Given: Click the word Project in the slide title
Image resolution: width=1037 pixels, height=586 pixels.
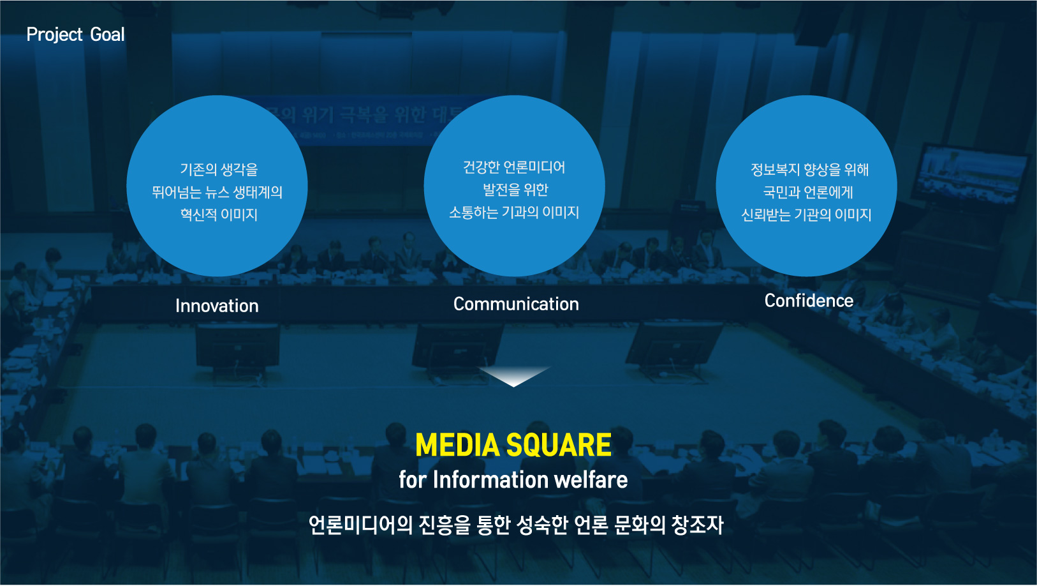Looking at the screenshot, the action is click(55, 34).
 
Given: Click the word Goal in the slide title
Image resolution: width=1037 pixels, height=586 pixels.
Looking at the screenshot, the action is click(107, 34).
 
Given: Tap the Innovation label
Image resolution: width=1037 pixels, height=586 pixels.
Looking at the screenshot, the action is click(217, 306).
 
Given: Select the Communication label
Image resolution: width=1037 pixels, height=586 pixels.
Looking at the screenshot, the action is click(516, 304).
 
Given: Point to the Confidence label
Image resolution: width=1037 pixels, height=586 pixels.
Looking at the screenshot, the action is click(809, 301).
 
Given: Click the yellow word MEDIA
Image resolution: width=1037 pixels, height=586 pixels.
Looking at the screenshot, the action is click(457, 445).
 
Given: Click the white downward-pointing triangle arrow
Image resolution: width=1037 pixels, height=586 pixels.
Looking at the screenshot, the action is click(514, 376).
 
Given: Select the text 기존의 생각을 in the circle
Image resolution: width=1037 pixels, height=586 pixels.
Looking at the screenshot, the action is click(219, 169).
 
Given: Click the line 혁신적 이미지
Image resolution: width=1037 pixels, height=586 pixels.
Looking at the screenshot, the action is click(219, 214).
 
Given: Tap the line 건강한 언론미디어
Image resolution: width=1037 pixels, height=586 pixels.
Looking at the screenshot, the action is click(514, 167).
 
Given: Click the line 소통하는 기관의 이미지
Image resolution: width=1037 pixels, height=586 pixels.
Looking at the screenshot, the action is click(514, 212).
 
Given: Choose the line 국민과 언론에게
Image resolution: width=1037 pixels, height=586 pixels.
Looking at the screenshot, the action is click(808, 192).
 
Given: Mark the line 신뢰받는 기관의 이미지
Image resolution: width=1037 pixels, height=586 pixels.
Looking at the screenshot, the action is click(807, 214).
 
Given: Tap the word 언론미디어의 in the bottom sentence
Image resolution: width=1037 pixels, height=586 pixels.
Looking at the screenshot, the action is click(360, 525).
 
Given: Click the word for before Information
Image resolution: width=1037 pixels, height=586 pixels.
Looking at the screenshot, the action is click(413, 479).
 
